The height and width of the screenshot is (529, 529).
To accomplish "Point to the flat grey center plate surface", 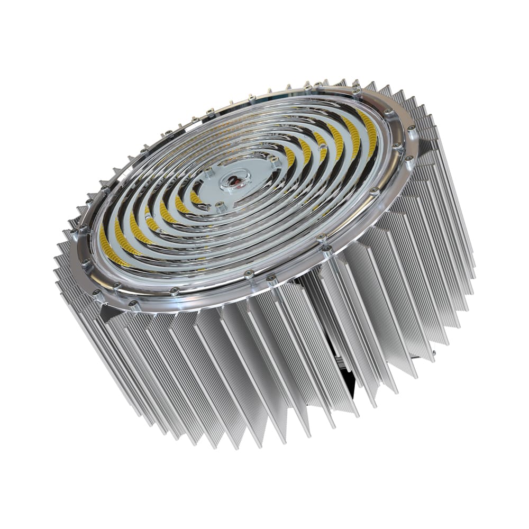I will click(x=249, y=190).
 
